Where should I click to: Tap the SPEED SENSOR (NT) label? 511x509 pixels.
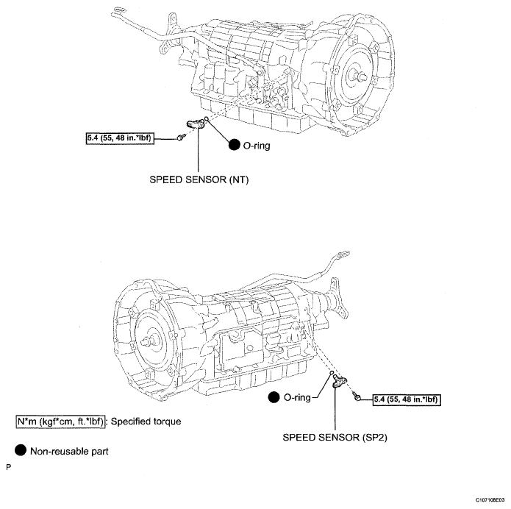coord(199,178)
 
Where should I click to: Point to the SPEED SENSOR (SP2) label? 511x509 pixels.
coord(335,435)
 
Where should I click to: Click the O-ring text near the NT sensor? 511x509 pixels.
coord(259,146)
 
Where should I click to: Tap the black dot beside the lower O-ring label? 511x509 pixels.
coord(275,398)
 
